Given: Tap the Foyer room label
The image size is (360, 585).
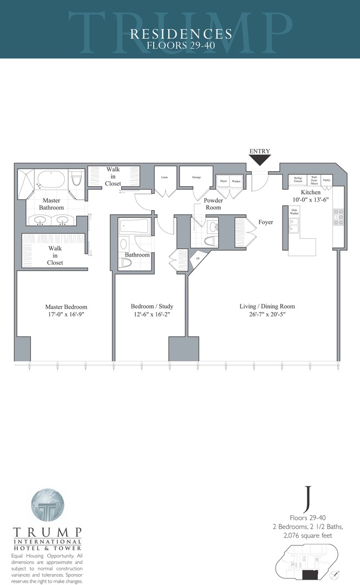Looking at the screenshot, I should (x=266, y=222).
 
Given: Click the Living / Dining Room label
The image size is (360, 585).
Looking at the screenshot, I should (x=267, y=307).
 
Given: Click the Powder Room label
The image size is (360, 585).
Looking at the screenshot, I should (x=212, y=204).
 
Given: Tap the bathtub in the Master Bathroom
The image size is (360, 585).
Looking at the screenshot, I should (x=51, y=179).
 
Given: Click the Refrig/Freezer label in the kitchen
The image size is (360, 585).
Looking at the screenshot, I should (x=297, y=179).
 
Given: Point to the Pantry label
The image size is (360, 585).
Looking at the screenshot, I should (x=326, y=179).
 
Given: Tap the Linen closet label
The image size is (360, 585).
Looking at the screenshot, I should (x=164, y=177).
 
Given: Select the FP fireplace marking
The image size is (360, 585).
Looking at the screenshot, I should (x=198, y=259).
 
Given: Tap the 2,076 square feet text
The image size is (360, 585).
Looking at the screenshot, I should (x=307, y=535).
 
